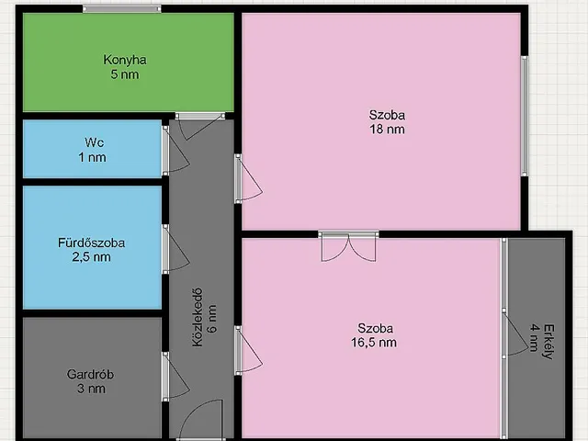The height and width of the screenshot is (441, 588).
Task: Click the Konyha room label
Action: [x=125, y=60]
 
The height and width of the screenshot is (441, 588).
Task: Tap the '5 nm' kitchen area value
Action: [x=125, y=74]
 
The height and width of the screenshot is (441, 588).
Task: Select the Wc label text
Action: [x=94, y=142]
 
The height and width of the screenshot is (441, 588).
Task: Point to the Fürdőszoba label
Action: [x=92, y=243]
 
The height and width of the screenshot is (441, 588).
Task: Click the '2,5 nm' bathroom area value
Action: [x=92, y=257]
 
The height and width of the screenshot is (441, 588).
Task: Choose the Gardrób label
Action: [x=90, y=374]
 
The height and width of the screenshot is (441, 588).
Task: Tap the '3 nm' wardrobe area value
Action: [x=91, y=389]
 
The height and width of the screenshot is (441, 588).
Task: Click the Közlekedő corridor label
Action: [x=198, y=317]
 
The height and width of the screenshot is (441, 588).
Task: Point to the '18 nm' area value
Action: [x=387, y=130]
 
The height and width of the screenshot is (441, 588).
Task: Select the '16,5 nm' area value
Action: [x=374, y=343]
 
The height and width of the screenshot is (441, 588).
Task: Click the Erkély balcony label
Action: [x=548, y=342]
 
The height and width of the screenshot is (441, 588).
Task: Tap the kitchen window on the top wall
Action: [x=122, y=9]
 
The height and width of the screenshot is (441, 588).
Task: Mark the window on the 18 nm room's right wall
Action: [x=525, y=116]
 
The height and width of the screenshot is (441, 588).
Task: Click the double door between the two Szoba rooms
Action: [x=349, y=246]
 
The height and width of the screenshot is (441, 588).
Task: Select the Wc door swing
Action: [x=175, y=151]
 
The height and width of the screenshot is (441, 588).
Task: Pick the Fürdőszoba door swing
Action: [x=175, y=249]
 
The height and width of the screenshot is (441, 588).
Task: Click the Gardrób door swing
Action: [x=175, y=377]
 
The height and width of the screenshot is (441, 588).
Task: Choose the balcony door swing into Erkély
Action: [x=515, y=334]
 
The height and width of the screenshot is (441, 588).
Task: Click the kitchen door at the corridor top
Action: [x=200, y=127]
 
